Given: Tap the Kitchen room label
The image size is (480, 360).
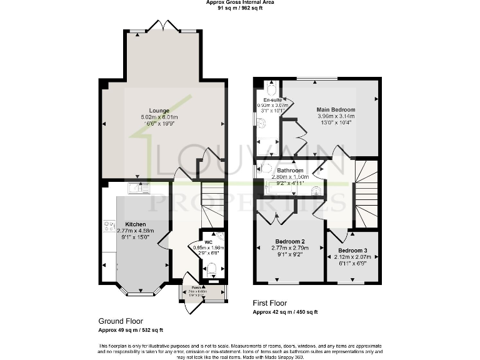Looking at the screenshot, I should pos(136,224).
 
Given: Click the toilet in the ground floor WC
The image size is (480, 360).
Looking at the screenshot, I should pos(211,269).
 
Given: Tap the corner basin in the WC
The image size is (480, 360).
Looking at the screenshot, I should pos(220,236).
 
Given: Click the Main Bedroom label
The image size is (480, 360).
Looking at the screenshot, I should pos(336,109).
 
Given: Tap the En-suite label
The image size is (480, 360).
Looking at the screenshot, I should pos(272,99).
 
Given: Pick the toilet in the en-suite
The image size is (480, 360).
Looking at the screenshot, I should pos(271,86).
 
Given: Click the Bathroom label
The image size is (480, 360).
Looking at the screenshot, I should pos(290,170).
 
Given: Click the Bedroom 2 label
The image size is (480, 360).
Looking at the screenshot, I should pos(290,241).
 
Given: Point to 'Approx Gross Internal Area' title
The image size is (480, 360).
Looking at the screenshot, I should pos(239,2).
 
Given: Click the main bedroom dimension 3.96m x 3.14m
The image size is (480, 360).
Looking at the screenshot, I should pos(336,116).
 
